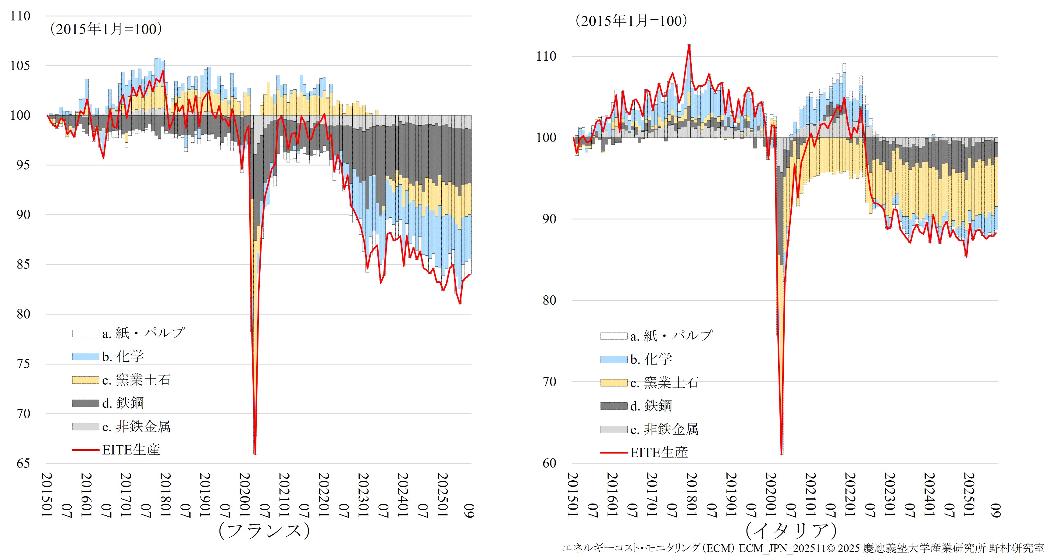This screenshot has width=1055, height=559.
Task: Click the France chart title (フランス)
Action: click(x=264, y=531)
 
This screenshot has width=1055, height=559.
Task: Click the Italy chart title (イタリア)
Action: click(x=791, y=531)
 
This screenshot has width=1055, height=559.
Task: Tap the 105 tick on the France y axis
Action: click(x=20, y=66)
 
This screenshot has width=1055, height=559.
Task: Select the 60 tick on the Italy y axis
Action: click(x=549, y=463)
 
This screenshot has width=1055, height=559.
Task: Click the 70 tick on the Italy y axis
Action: click(x=549, y=382)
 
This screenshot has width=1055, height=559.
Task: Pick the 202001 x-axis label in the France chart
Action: click(x=245, y=495)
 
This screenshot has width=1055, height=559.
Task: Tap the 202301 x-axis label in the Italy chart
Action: click(x=889, y=495)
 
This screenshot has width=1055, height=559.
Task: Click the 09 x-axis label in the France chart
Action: click(x=469, y=511)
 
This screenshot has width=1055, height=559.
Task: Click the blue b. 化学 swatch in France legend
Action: click(x=86, y=357)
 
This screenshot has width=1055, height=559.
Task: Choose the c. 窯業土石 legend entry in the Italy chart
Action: click(x=664, y=383)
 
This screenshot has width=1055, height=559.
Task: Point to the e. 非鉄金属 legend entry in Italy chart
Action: click(x=664, y=429)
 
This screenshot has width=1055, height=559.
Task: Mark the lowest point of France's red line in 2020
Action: click(x=255, y=454)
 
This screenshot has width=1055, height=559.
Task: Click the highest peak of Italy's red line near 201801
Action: click(x=689, y=45)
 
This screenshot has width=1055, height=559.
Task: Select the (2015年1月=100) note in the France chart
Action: click(x=106, y=29)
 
